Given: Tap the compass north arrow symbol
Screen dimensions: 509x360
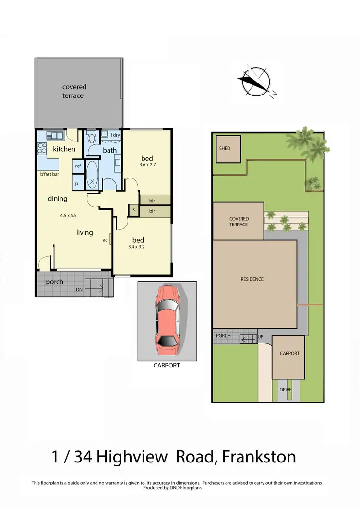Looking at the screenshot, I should click(255, 82).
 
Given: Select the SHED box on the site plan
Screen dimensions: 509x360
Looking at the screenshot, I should click(228, 149).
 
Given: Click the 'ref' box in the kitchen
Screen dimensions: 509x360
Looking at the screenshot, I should click(78, 166).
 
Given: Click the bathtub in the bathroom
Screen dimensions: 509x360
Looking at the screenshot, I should click(93, 176).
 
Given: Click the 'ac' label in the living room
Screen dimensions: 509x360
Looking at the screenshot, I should click(105, 240).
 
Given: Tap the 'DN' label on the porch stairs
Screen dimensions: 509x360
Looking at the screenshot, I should click(79, 290).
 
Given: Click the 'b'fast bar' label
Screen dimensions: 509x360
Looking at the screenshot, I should click(48, 175).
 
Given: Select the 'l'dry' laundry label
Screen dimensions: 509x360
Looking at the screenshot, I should click(115, 136).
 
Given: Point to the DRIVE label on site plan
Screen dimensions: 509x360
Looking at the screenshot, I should click(286, 390).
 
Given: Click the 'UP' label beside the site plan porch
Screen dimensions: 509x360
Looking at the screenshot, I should click(261, 336).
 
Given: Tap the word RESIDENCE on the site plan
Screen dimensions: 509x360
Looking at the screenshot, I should click(252, 279).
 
